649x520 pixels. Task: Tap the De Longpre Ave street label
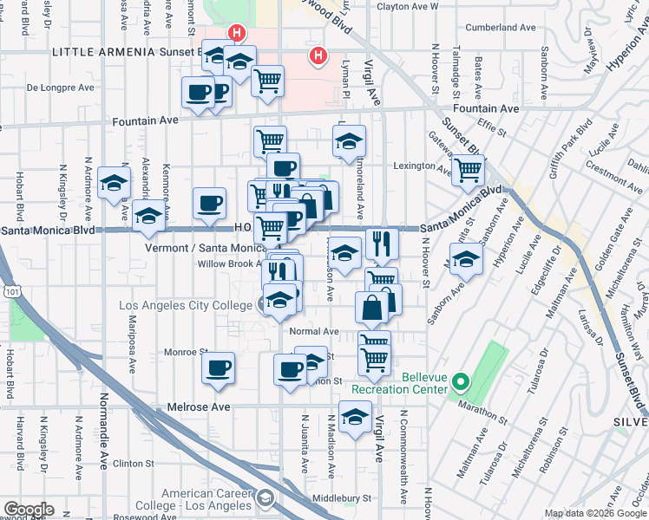click(x=60, y=88)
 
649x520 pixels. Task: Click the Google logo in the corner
click(x=28, y=510)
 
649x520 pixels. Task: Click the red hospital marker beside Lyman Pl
click(x=318, y=56)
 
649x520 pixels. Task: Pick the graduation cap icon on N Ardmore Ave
click(x=115, y=183)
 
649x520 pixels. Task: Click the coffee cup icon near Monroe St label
click(x=218, y=367)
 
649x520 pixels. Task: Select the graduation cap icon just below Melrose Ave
click(x=354, y=418)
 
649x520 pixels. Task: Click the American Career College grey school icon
click(x=265, y=498)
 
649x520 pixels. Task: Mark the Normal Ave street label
click(x=313, y=331)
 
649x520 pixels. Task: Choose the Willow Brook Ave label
click(x=229, y=263)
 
